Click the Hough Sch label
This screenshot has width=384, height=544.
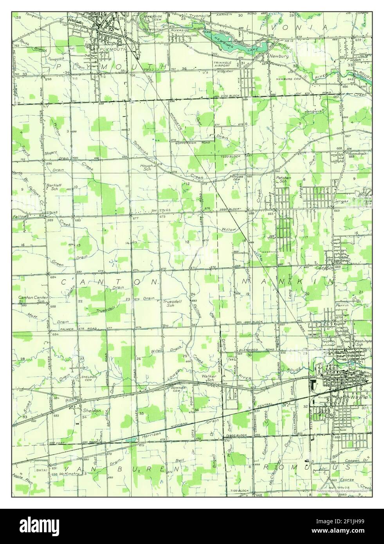(148, 168)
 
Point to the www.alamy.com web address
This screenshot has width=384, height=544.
(338, 531)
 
